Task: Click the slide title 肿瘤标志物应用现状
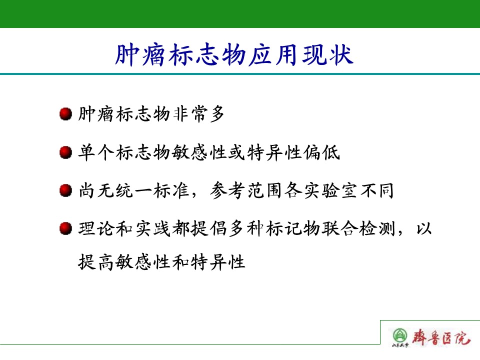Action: (x=234, y=55)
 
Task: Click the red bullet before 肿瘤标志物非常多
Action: (x=65, y=114)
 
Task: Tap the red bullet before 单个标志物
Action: (x=65, y=152)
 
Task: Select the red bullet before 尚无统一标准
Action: (x=65, y=190)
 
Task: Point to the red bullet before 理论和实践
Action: (x=65, y=228)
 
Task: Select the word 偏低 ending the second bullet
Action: (x=321, y=152)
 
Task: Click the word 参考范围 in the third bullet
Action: (x=246, y=190)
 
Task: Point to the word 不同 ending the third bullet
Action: (x=377, y=190)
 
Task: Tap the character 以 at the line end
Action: (x=424, y=228)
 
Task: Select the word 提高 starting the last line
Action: (x=96, y=262)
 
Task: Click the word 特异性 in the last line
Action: (x=218, y=262)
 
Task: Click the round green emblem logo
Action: (x=400, y=335)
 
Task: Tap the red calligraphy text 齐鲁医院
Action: (x=441, y=337)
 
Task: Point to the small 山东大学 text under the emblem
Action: (x=400, y=345)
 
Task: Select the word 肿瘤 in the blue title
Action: (x=140, y=55)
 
